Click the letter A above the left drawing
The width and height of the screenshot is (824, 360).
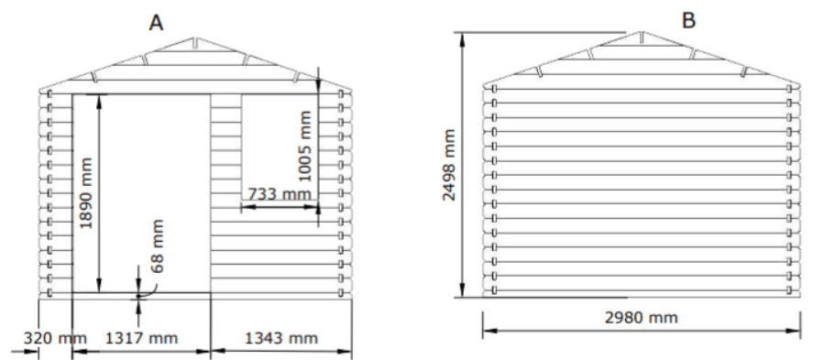pos(156,23)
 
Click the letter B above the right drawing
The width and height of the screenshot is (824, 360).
pos(688,20)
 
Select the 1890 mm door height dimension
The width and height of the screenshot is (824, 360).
pos(85,193)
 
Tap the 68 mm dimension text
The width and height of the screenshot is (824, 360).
pos(157,245)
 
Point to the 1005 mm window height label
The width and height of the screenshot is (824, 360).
pos(303,146)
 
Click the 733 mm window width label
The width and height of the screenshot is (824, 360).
pos(280,194)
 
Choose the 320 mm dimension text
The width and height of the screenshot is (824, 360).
pos(55,338)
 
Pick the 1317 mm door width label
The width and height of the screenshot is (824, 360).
pos(141,338)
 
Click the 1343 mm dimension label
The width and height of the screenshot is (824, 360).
pos(281,338)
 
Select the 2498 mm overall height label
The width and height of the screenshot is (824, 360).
pos(448,165)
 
